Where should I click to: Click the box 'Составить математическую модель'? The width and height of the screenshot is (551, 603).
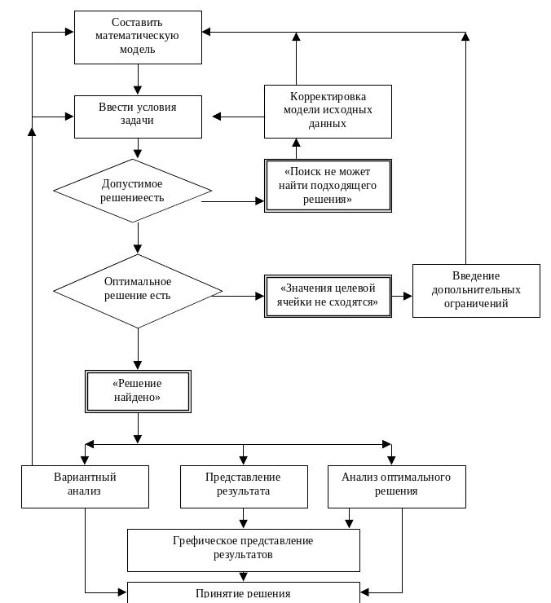pyautogui.click(x=138, y=37)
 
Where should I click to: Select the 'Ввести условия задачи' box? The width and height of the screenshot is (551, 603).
pyautogui.click(x=138, y=117)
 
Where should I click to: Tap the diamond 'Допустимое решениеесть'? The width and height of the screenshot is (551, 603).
pyautogui.click(x=132, y=191)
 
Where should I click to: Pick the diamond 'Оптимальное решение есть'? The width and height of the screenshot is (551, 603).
pyautogui.click(x=138, y=291)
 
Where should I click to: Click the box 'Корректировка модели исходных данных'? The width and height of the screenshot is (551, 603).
pyautogui.click(x=328, y=112)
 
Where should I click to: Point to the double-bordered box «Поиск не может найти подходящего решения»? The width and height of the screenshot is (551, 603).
pyautogui.click(x=328, y=186)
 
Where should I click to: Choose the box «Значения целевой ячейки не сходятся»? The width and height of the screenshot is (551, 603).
pyautogui.click(x=328, y=296)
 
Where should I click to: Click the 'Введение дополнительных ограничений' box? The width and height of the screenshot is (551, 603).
pyautogui.click(x=476, y=291)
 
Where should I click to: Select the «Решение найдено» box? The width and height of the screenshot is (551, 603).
pyautogui.click(x=138, y=391)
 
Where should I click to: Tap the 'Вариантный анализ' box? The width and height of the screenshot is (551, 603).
pyautogui.click(x=85, y=486)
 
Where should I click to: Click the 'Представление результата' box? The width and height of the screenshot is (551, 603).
pyautogui.click(x=244, y=486)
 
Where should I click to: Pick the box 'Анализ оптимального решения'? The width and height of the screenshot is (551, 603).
pyautogui.click(x=397, y=486)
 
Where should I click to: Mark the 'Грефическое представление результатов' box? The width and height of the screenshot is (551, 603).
pyautogui.click(x=244, y=550)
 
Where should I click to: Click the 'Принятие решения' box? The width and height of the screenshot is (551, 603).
pyautogui.click(x=244, y=592)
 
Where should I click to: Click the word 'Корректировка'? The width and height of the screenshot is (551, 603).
pyautogui.click(x=328, y=96)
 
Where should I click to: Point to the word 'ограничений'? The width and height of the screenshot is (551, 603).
pyautogui.click(x=476, y=303)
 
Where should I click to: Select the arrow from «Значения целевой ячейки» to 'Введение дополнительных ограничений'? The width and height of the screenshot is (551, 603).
pyautogui.click(x=402, y=296)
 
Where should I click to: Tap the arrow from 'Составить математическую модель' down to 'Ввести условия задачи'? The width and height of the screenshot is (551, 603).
pyautogui.click(x=138, y=80)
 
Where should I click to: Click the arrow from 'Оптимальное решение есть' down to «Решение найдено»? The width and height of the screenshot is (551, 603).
pyautogui.click(x=138, y=350)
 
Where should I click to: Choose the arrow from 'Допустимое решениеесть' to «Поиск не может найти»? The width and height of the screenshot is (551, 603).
pyautogui.click(x=233, y=201)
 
